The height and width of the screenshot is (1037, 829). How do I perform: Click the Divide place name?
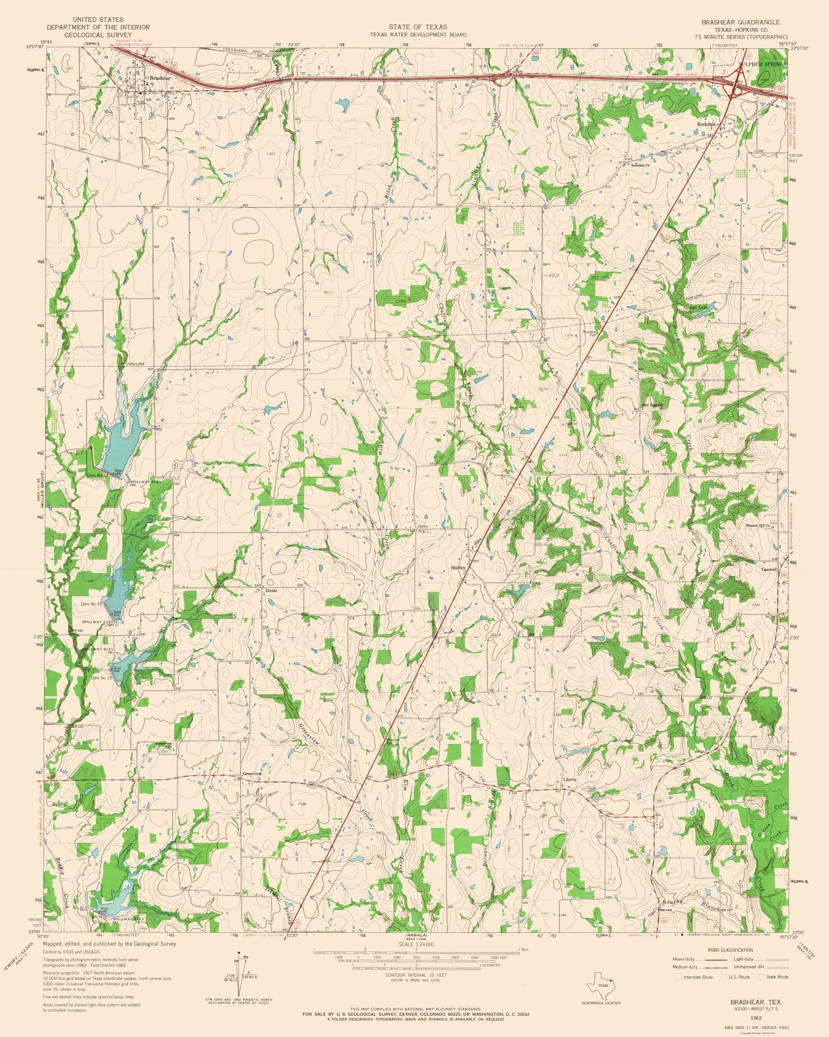[x=272, y=590]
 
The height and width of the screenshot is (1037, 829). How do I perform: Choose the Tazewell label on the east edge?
[x=769, y=569]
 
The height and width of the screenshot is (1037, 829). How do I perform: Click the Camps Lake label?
[x=695, y=308]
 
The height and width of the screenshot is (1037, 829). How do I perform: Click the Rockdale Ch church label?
[x=640, y=165]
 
